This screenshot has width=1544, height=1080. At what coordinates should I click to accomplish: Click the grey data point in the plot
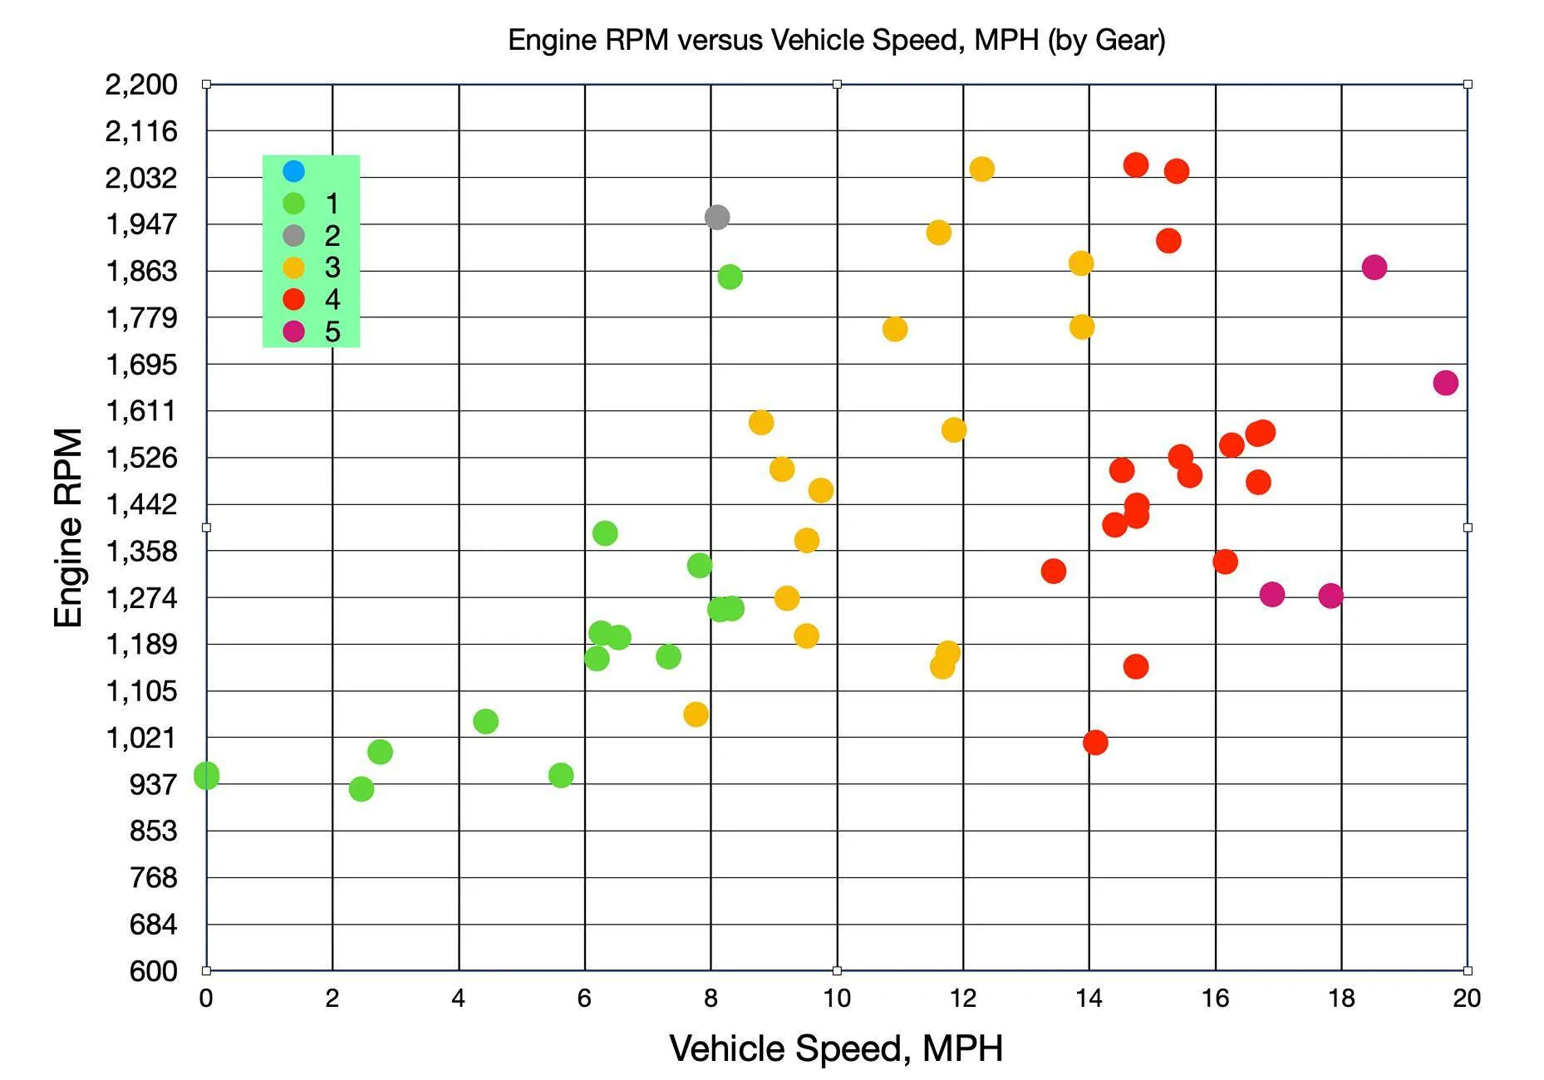tap(716, 217)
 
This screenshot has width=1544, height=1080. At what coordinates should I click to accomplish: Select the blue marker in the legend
tap(293, 171)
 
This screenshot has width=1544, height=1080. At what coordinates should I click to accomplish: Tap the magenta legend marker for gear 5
tap(293, 331)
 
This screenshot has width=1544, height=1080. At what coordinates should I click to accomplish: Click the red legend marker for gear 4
tap(293, 299)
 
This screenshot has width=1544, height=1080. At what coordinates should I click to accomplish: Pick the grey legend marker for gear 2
tap(293, 235)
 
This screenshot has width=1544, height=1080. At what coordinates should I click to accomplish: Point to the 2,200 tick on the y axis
tap(141, 84)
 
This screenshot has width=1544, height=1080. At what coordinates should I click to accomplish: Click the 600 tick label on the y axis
tap(153, 970)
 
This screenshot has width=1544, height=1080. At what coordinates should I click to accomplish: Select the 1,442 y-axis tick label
tap(141, 504)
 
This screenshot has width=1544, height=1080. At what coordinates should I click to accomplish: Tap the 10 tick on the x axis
tap(837, 998)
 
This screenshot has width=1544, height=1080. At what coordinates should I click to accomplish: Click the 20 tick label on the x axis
tap(1467, 998)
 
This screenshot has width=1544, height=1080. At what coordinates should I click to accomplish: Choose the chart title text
tap(836, 40)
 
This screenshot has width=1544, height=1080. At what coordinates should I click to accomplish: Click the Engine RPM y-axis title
tap(68, 528)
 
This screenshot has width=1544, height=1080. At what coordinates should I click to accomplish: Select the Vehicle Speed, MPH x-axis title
tap(836, 1048)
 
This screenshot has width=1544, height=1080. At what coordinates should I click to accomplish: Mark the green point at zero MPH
tap(206, 775)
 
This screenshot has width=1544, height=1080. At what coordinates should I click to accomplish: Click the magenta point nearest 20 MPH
tap(1445, 383)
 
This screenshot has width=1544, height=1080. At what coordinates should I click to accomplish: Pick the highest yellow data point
tap(981, 169)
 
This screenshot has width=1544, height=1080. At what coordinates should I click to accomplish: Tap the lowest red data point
tap(1095, 742)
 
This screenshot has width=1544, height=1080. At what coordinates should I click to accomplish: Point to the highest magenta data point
tap(1374, 268)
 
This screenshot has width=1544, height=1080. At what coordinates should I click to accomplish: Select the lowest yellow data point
tap(696, 714)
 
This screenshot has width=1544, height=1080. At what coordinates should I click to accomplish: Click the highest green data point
tap(730, 277)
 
